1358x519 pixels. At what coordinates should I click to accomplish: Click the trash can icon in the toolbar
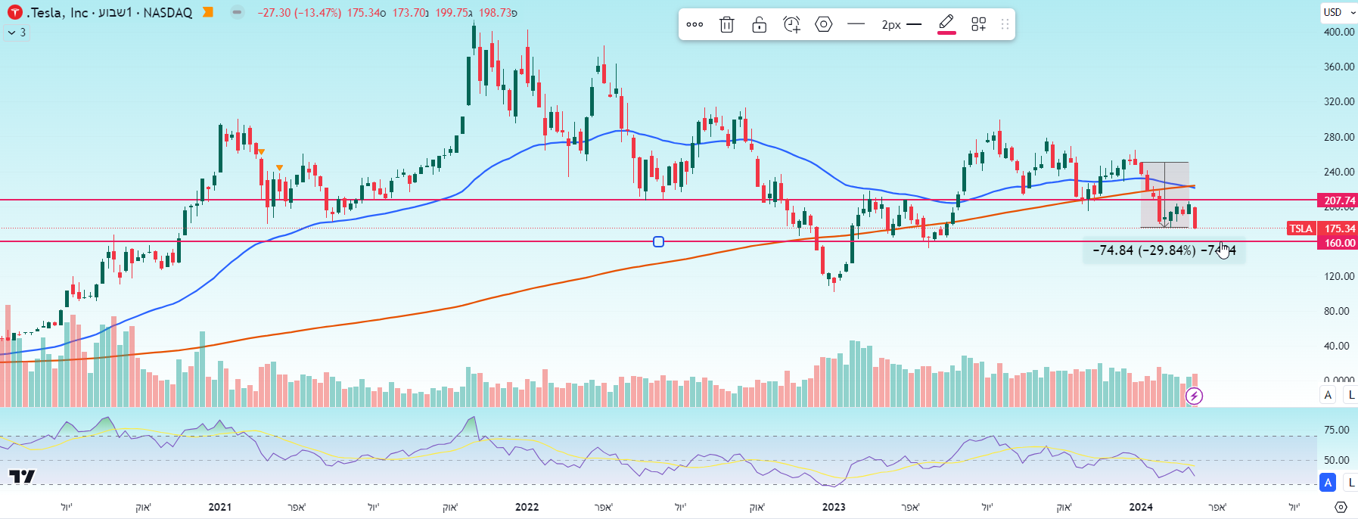click(726, 25)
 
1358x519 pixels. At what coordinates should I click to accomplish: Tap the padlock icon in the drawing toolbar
click(760, 25)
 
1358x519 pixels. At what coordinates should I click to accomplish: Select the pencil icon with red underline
click(946, 24)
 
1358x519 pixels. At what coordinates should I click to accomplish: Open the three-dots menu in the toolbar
click(695, 25)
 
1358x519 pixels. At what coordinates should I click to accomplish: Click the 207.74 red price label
click(1338, 200)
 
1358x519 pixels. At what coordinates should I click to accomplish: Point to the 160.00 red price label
click(1338, 243)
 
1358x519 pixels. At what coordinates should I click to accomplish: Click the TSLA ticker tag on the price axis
click(1301, 228)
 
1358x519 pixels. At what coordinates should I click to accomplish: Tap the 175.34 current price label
click(1338, 228)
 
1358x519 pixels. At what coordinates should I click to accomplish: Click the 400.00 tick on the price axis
click(1338, 32)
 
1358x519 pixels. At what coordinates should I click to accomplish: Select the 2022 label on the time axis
click(527, 507)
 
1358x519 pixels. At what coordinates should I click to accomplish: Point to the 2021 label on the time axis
click(219, 507)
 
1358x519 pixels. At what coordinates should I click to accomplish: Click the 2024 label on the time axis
click(1140, 507)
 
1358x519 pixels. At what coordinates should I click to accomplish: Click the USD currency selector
click(1337, 12)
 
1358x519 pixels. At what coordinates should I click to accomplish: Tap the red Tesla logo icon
click(14, 13)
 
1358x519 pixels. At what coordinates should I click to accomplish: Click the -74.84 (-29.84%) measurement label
click(1144, 250)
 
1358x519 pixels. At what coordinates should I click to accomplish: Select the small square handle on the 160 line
click(658, 242)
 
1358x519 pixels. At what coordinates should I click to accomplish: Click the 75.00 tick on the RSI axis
click(1336, 430)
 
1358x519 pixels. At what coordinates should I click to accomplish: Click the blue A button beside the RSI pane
click(1328, 482)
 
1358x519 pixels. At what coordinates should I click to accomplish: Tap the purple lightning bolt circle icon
click(1194, 396)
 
